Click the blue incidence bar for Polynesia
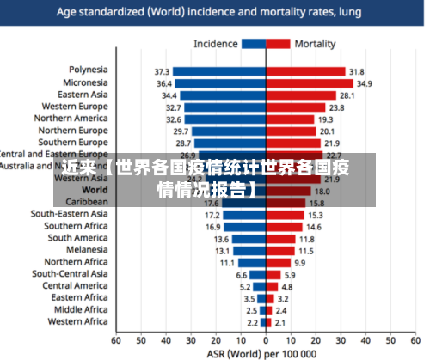coord(219,71)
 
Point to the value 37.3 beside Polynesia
coord(162,71)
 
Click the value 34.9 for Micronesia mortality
coord(365,83)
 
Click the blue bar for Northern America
coord(224,119)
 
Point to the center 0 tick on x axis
coord(266,340)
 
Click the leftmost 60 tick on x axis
coord(117,340)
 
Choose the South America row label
coord(77,238)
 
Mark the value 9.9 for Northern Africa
coord(299,263)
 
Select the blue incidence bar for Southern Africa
coord(246,227)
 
